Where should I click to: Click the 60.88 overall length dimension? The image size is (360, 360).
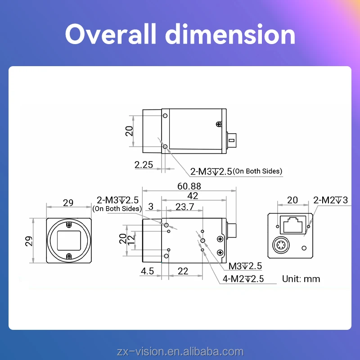pos(189,186)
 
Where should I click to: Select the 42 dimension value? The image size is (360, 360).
pos(193,196)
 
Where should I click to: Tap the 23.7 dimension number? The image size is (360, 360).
pos(185,207)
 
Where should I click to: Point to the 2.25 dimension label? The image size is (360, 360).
pos(144,165)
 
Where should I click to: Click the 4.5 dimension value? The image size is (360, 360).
pos(147,271)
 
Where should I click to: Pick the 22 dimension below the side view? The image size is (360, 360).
pos(183,271)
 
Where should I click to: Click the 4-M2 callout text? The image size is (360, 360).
pos(243,279)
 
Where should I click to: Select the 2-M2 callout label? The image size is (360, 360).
pos(330,200)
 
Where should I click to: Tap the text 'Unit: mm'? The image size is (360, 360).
pos(301,279)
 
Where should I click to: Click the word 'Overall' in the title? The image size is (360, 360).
pos(111,34)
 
